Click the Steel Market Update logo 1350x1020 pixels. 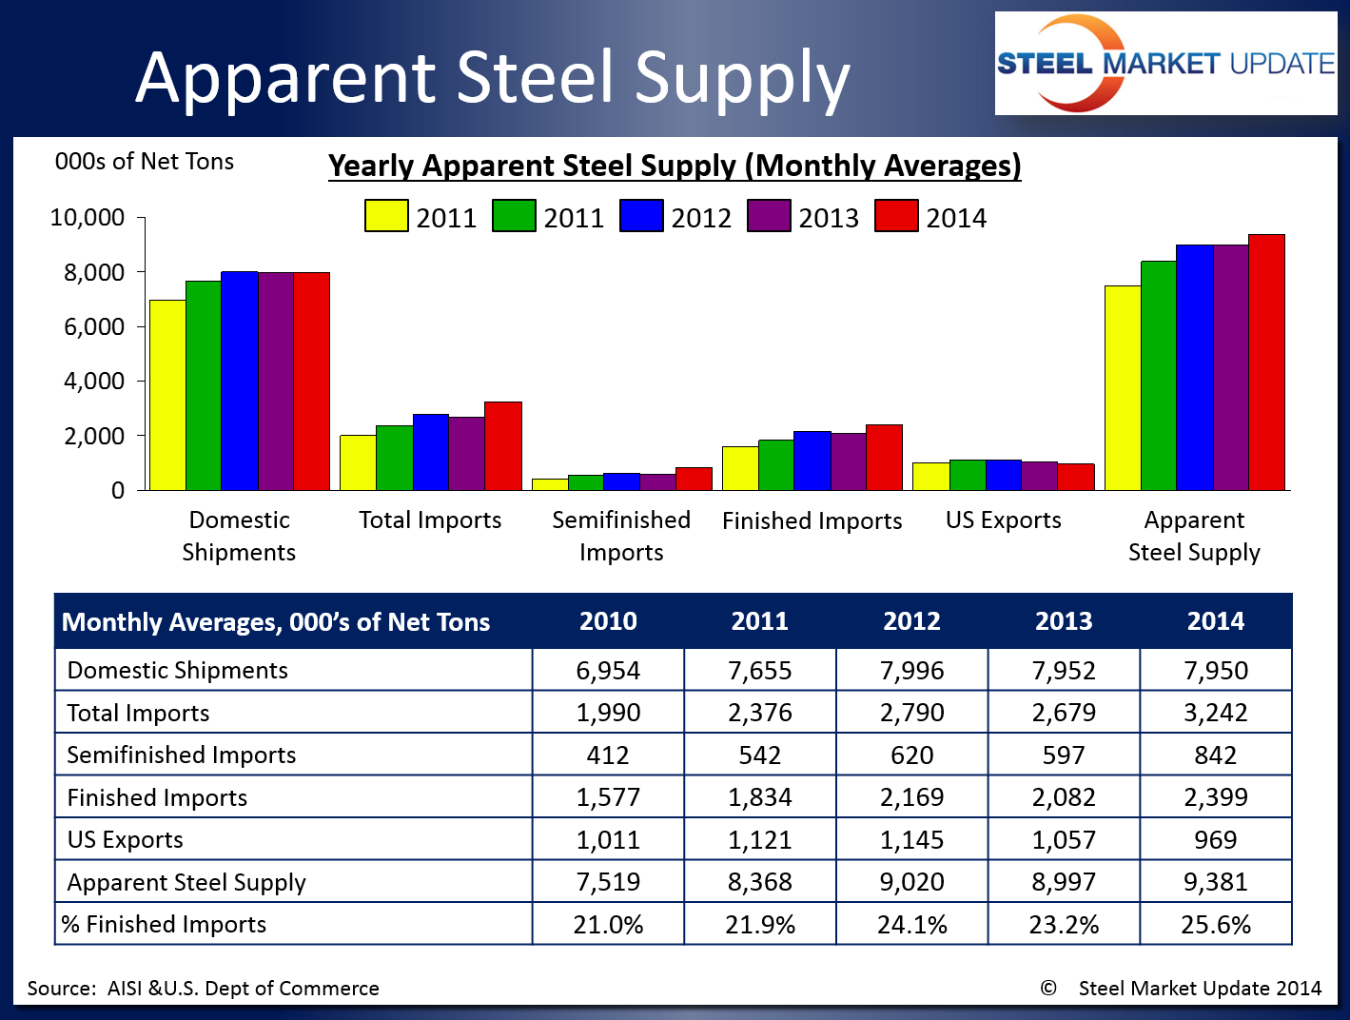pos(1165,64)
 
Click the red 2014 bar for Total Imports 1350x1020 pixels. pos(502,446)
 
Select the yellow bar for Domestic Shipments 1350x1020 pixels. pos(167,395)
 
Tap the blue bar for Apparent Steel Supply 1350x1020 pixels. pos(1194,367)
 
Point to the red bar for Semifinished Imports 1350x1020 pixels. pos(694,479)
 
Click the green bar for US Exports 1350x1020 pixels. pos(967,475)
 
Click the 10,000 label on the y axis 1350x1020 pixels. pos(88,218)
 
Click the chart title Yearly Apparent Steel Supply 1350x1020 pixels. pos(675,166)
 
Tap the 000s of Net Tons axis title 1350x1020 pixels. pos(145,162)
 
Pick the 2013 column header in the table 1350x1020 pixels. pos(1064,621)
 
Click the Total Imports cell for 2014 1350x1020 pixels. pos(1215,713)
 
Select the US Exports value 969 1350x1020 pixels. pos(1215,840)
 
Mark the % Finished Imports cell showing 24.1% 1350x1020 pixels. pos(911,925)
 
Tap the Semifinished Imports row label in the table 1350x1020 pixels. pos(182,755)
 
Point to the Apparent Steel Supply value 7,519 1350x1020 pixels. pos(608,882)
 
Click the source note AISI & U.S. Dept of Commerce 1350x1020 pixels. pos(204,989)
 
